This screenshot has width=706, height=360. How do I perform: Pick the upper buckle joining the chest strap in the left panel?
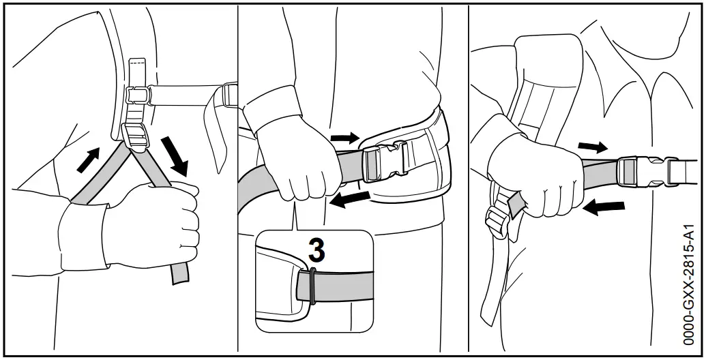[x=138, y=95]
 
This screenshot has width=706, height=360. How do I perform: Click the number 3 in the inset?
[x=316, y=250]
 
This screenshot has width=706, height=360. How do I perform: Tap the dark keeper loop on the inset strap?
[x=312, y=285]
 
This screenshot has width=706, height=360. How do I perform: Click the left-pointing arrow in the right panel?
[x=604, y=207]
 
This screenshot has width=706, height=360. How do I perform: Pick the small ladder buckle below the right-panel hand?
[x=496, y=220]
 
